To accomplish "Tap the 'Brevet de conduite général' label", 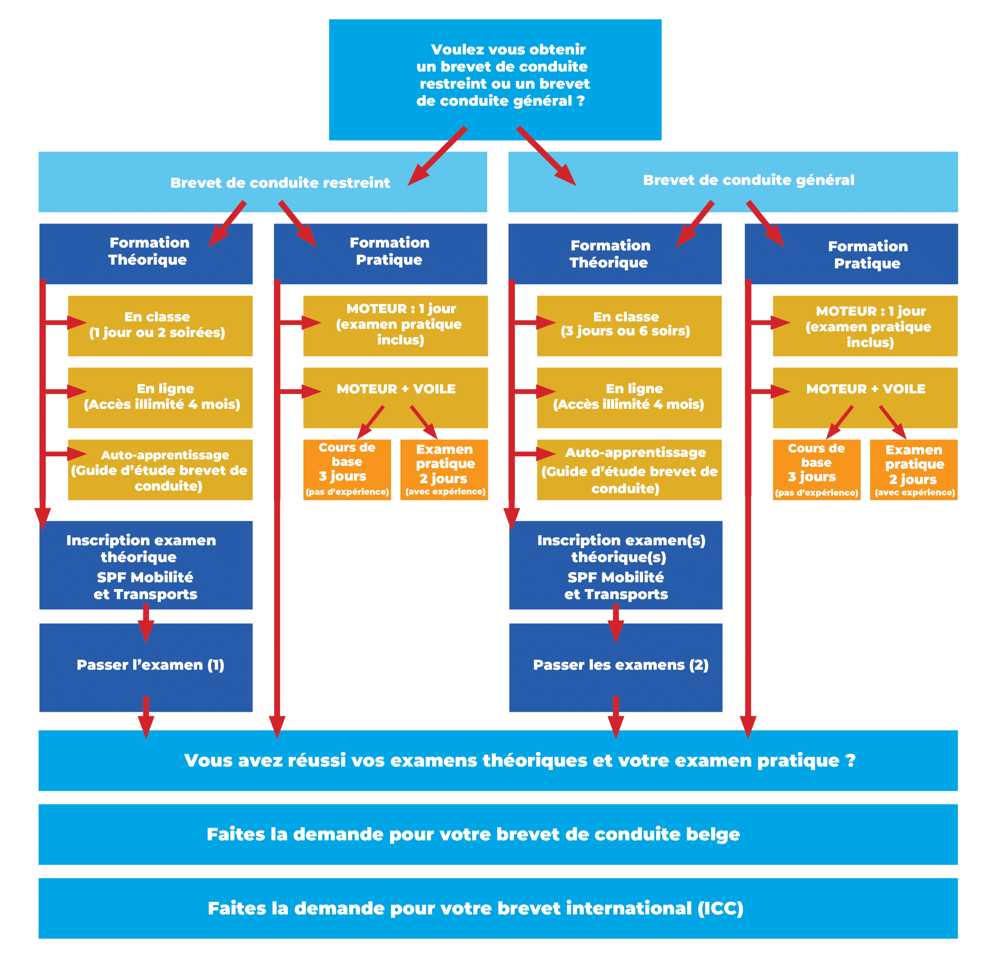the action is pos(748,180).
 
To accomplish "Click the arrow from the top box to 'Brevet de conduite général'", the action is pos(546,156).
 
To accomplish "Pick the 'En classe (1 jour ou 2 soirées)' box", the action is pos(160,325).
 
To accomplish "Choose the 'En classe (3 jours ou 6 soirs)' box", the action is pos(629,325).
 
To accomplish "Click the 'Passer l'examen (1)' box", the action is pos(146,667).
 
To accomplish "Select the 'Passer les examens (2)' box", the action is pos(615,667).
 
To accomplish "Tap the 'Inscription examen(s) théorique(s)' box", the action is pos(615,565).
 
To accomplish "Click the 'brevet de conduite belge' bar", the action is pos(498,834).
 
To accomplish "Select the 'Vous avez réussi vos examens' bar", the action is pos(498,760).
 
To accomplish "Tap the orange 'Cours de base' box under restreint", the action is pos(347,469).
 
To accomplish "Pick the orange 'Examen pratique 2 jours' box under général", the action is pos(913,469).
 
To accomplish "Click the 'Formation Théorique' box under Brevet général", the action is pos(615,254).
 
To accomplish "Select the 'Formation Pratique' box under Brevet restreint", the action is pos(380,254).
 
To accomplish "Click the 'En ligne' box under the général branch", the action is pos(629,397).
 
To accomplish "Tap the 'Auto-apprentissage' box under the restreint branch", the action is pos(160,469).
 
